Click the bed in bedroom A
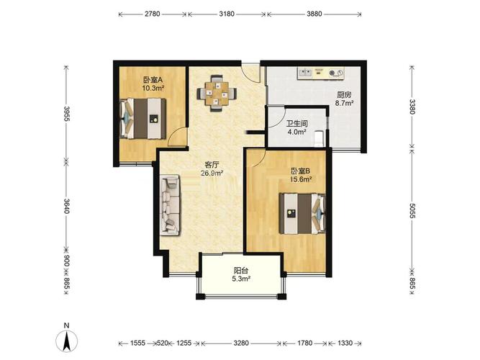[143, 119]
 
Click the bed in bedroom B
[302, 214]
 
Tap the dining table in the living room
[217, 93]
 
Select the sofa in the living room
[171, 205]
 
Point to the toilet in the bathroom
[319, 138]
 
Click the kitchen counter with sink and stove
[321, 73]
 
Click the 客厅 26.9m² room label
[212, 168]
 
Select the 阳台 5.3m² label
[241, 274]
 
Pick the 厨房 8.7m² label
[345, 99]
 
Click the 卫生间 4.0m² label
[297, 127]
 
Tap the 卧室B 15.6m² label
[301, 175]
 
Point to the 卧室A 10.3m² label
[153, 84]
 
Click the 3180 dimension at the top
[227, 14]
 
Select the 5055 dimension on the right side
[412, 211]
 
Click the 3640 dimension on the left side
[67, 206]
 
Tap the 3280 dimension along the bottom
[241, 343]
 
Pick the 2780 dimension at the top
[153, 14]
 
